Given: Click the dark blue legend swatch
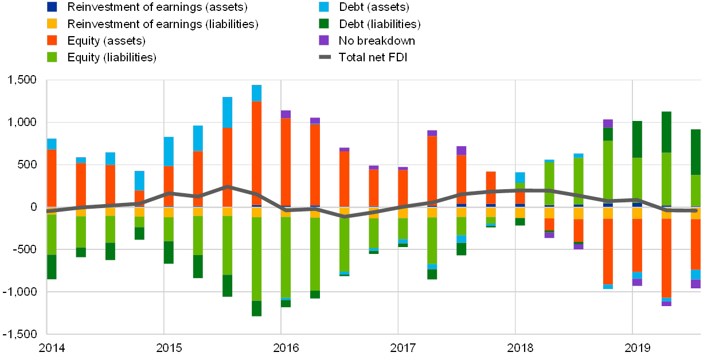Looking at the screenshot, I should click(52, 7).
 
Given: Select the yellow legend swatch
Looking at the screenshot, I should click(52, 24).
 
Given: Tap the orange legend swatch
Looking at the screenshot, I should click(52, 40).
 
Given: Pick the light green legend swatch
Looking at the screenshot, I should click(52, 57).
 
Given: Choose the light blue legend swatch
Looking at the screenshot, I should click(324, 7).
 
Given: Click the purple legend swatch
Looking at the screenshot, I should click(324, 40).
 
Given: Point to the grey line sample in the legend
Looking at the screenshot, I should click(325, 57).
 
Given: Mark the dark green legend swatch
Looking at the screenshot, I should click(324, 24).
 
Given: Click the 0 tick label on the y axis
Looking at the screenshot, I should click(34, 207).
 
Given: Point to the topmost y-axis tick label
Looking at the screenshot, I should click(25, 80).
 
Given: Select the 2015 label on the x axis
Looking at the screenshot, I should click(169, 347).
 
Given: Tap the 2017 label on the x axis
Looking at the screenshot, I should click(403, 347).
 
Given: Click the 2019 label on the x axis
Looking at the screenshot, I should click(637, 347).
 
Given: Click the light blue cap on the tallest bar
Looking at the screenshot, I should click(256, 93).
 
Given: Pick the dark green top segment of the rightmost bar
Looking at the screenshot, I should click(696, 152).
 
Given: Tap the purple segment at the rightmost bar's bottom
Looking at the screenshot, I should click(696, 284).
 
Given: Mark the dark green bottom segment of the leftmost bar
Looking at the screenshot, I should click(52, 267).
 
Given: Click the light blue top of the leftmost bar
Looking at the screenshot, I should click(52, 144).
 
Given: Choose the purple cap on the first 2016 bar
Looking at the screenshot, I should click(286, 114).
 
